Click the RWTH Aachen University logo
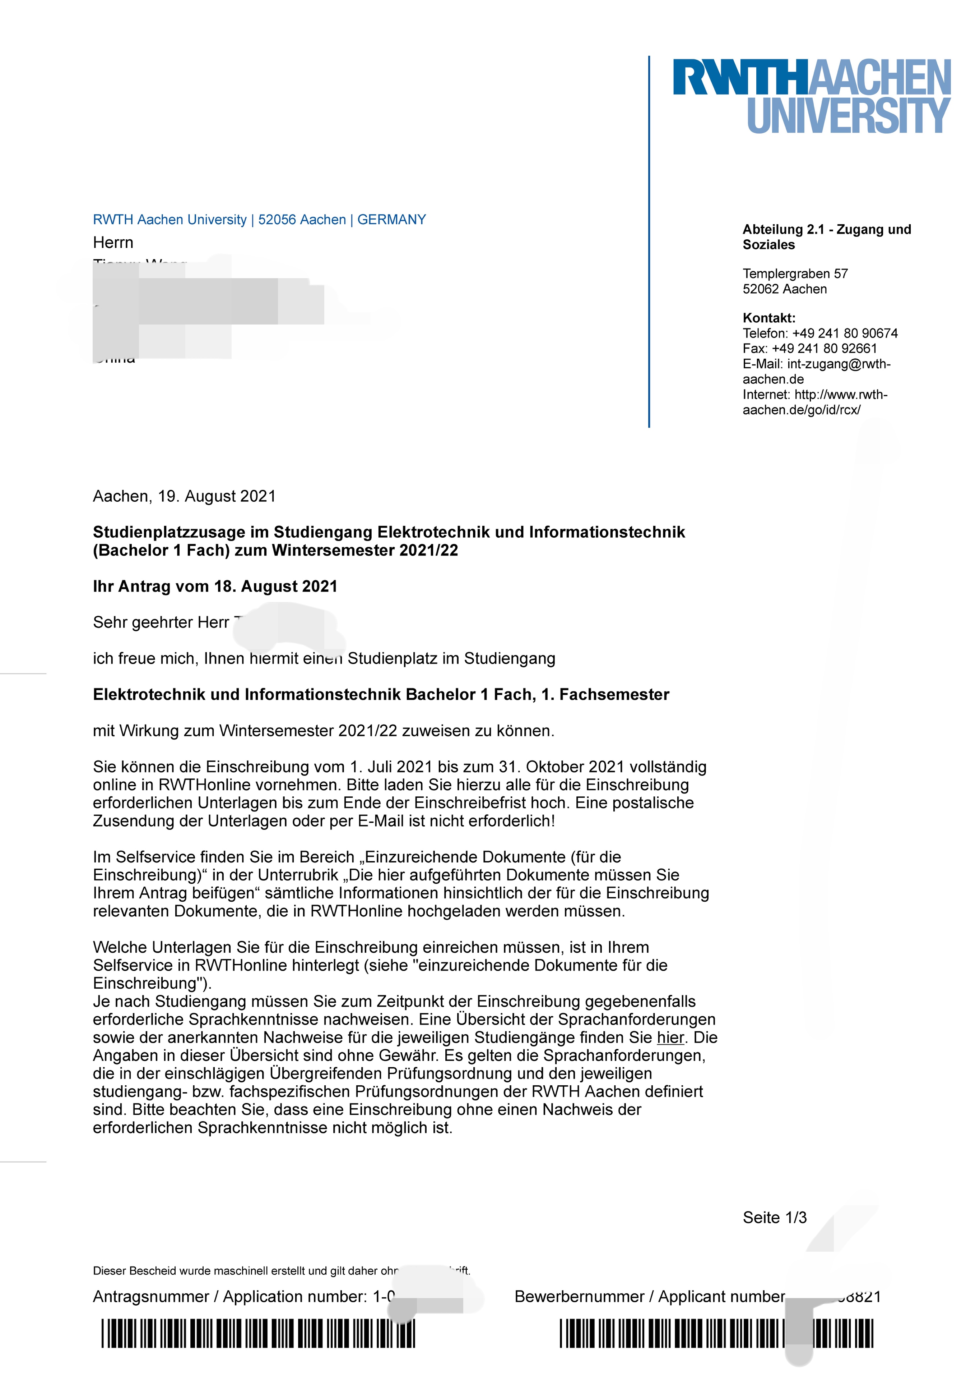[x=812, y=96]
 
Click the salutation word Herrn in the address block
[x=113, y=243]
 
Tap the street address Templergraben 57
[x=795, y=274]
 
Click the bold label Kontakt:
[x=769, y=318]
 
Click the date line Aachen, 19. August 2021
[x=184, y=496]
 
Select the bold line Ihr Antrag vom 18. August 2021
[x=215, y=586]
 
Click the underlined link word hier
[x=670, y=1038]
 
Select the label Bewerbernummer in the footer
[x=579, y=1297]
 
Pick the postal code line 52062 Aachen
[x=785, y=289]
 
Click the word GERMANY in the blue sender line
[x=392, y=220]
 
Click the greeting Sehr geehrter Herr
[x=161, y=623]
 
